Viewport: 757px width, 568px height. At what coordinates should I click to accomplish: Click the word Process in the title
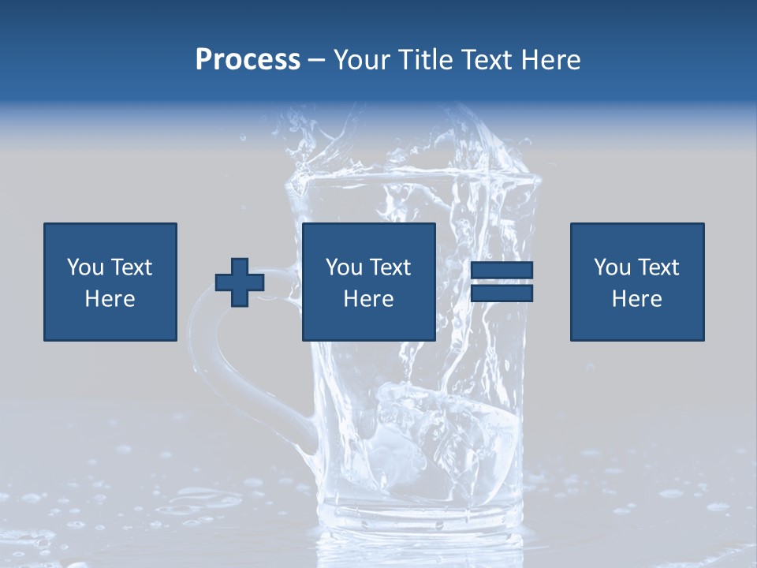click(x=248, y=60)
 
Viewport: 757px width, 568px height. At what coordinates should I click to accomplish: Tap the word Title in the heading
click(x=427, y=60)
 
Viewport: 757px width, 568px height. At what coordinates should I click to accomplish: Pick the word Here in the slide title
click(x=553, y=60)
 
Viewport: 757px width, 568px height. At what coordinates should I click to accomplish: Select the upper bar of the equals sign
click(x=502, y=271)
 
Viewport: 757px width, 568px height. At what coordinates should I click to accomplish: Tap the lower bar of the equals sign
click(x=502, y=293)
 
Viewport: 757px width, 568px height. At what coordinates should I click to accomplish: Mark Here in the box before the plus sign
click(x=110, y=299)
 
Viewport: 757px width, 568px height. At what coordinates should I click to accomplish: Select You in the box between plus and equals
click(x=343, y=267)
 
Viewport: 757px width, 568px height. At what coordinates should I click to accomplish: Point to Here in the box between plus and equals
click(x=368, y=299)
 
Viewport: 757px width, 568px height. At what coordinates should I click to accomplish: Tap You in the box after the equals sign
click(x=611, y=267)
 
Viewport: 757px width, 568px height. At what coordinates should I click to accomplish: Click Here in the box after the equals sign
click(x=636, y=299)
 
